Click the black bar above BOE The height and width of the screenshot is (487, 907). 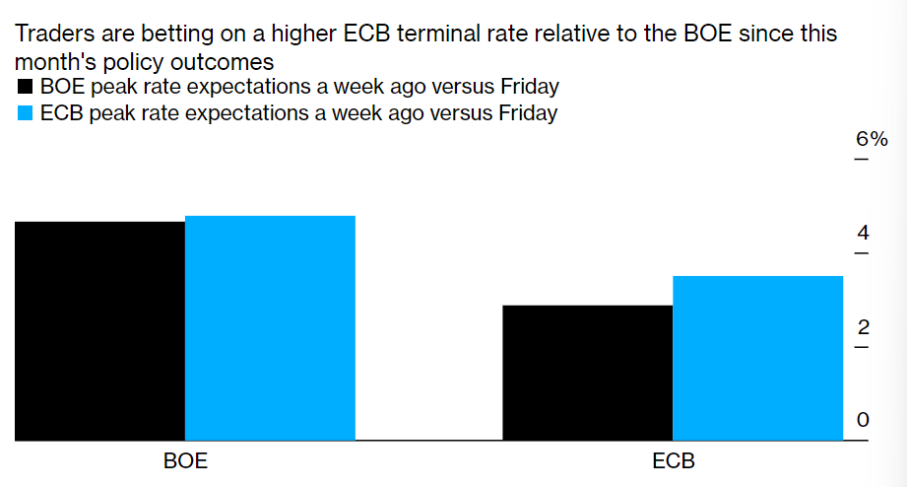(99, 330)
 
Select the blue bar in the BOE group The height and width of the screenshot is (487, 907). (270, 327)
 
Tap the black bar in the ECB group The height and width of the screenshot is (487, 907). (588, 373)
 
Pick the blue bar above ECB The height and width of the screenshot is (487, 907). (757, 358)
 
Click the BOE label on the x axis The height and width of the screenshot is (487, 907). (185, 461)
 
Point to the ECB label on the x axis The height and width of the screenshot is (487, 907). (674, 461)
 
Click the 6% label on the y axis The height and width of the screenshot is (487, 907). (872, 139)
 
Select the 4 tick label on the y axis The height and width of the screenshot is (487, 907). (863, 233)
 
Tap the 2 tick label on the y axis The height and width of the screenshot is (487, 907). (863, 327)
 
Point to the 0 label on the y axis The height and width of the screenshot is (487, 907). (863, 420)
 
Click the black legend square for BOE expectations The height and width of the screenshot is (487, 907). (25, 87)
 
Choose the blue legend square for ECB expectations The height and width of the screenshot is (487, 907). (25, 113)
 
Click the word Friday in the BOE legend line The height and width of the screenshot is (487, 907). (530, 87)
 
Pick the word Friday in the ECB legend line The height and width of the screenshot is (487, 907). (528, 113)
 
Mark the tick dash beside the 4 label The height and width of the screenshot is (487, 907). (862, 253)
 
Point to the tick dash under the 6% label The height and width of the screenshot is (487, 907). (862, 159)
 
